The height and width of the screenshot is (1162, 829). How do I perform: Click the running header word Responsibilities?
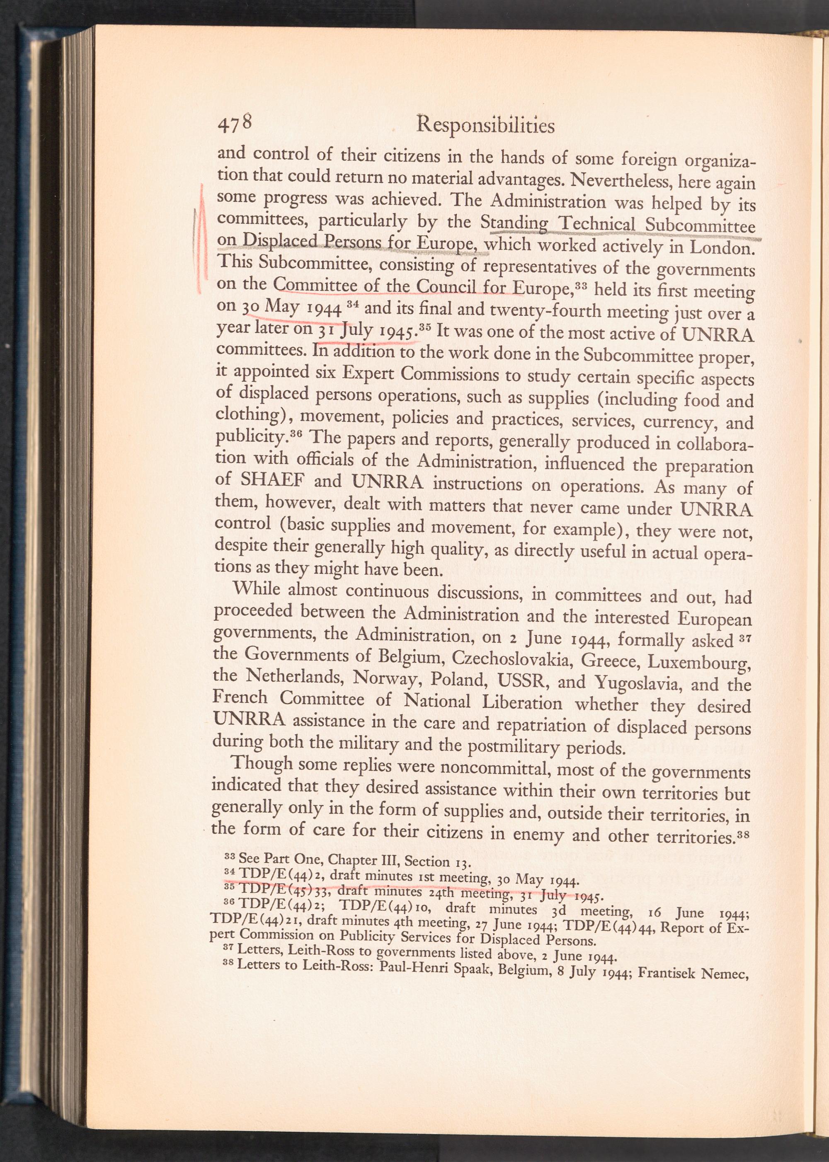[485, 124]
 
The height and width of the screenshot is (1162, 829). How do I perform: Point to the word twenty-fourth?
[562, 312]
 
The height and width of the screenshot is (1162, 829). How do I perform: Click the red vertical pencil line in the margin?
[203, 240]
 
